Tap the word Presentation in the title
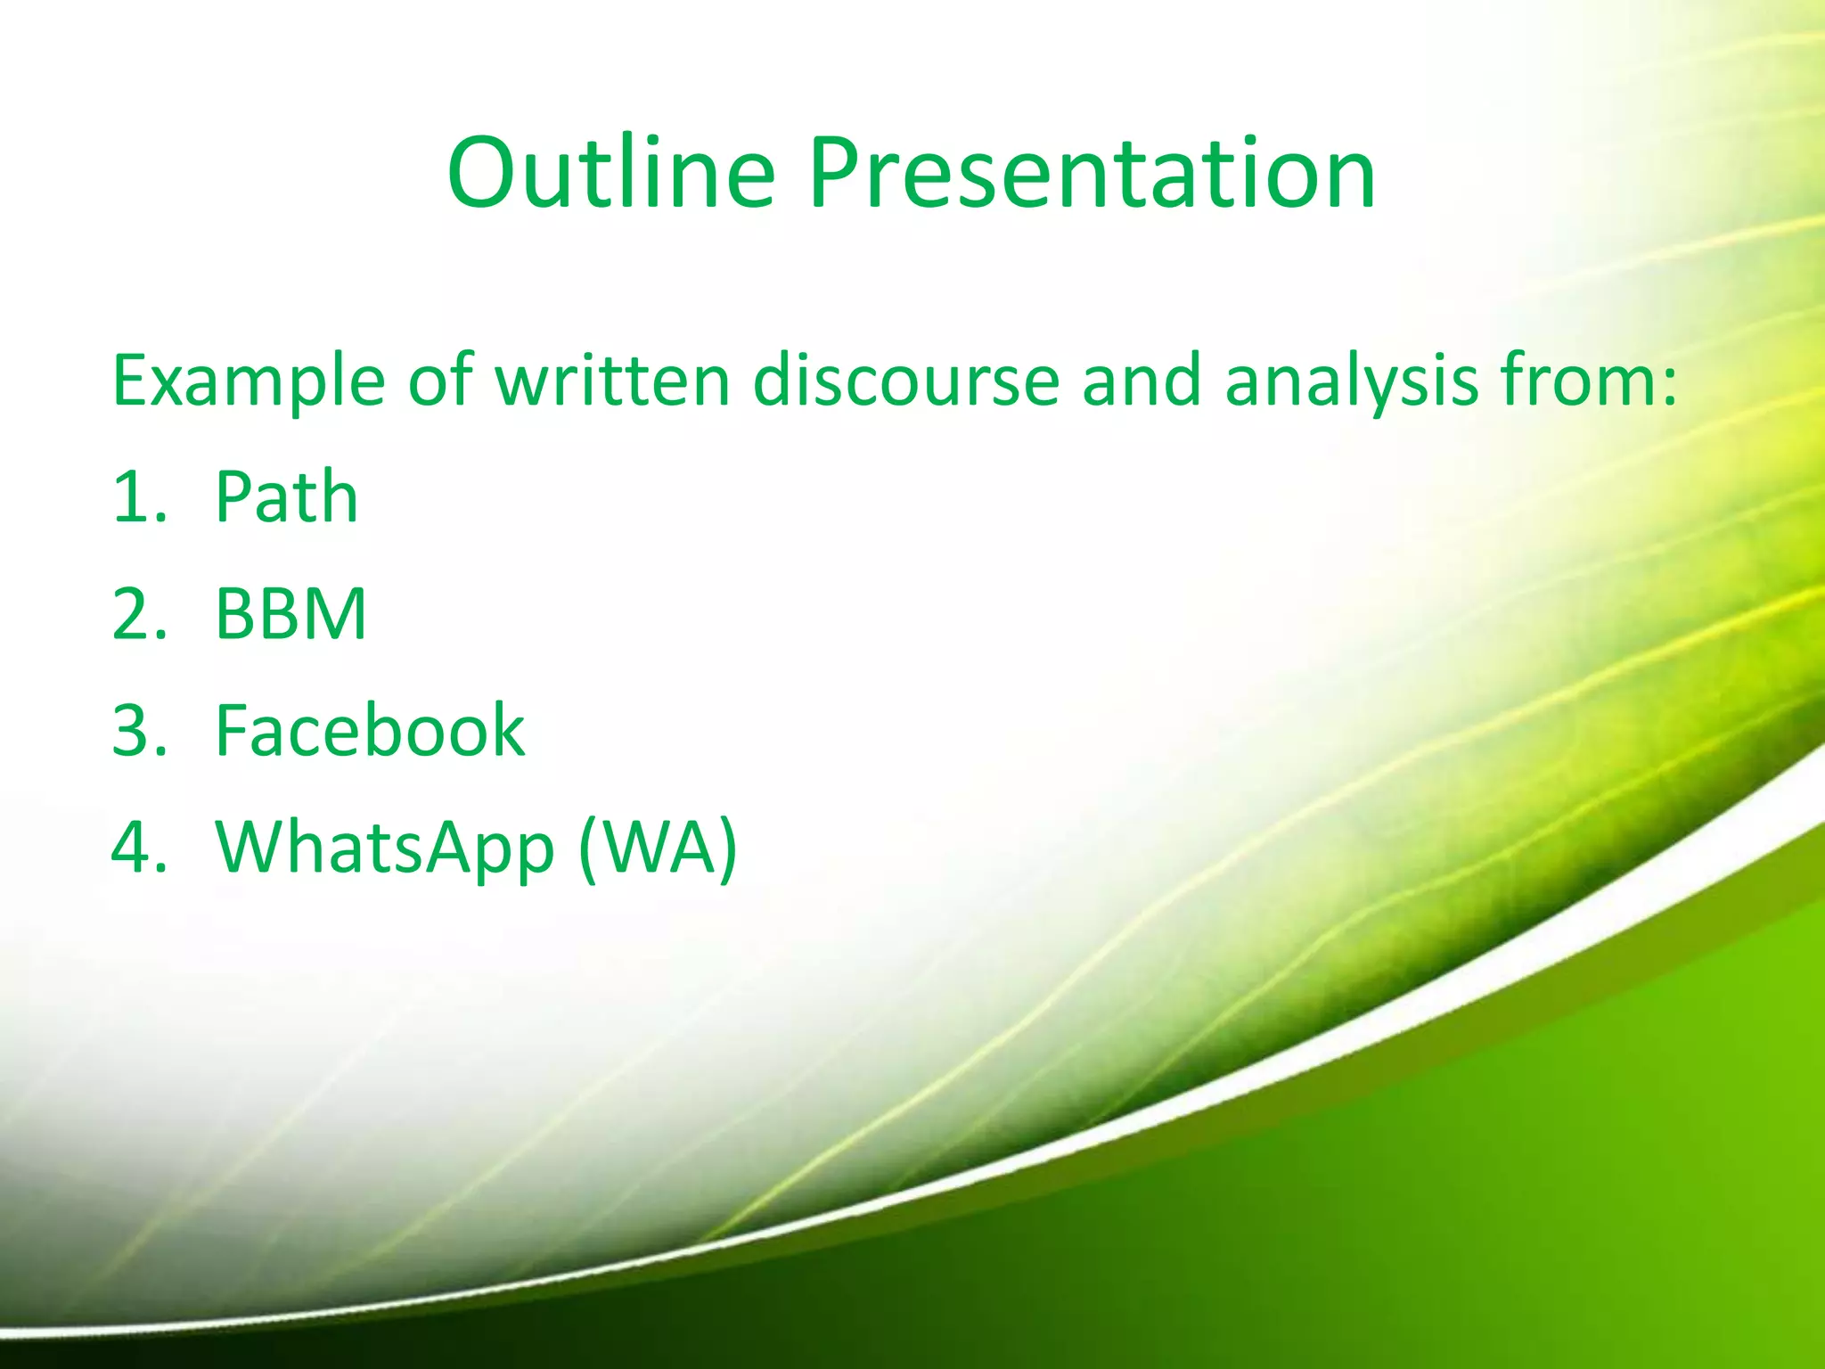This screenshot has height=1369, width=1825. tap(1093, 173)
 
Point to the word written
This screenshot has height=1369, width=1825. tap(612, 380)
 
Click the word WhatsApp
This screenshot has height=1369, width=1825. tap(385, 849)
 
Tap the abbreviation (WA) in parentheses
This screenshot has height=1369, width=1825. tap(658, 848)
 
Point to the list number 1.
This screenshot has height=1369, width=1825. tap(139, 497)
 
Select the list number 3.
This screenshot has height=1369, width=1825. tap(139, 730)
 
